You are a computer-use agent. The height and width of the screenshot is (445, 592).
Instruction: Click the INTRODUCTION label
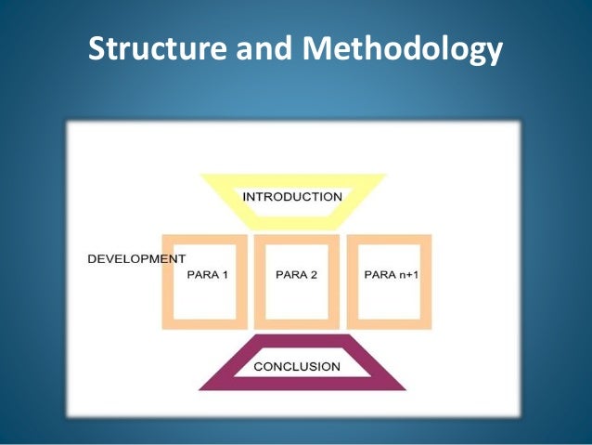point(292,197)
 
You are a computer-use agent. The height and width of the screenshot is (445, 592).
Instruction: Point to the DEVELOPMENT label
point(136,258)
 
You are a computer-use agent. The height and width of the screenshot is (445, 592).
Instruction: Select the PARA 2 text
point(297,274)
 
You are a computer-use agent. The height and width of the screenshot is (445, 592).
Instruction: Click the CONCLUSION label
point(297,366)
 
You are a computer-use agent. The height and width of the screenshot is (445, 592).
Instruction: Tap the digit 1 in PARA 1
point(225,274)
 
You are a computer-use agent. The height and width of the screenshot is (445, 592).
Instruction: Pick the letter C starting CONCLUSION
point(259,366)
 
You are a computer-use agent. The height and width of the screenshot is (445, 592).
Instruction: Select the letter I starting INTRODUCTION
point(245,197)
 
